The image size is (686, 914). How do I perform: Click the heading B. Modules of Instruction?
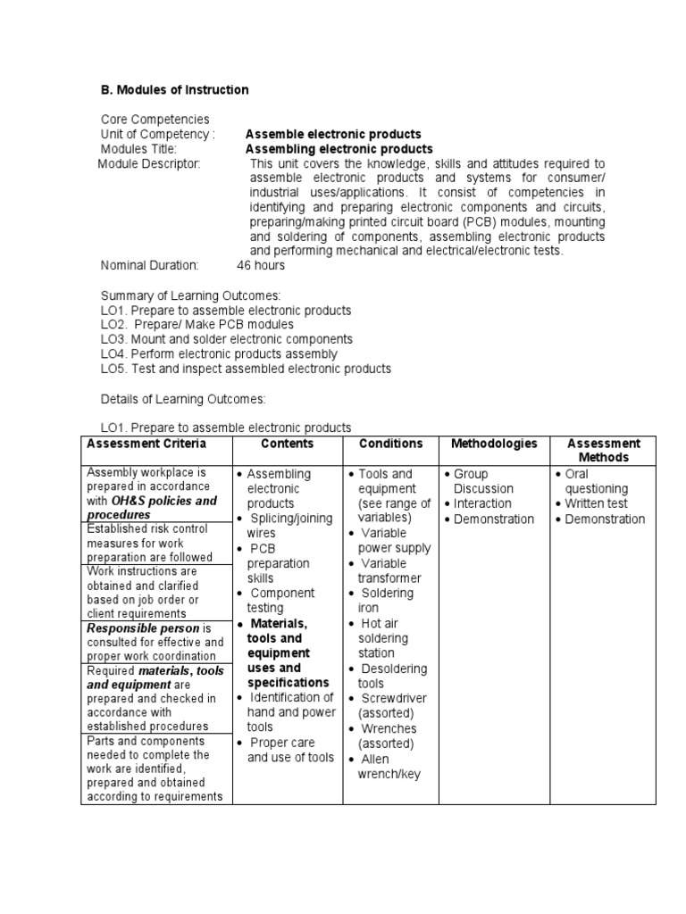click(174, 90)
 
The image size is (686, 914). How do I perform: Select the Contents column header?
click(288, 444)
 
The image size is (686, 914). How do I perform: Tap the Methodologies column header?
click(494, 444)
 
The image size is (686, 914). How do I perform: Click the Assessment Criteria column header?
click(146, 444)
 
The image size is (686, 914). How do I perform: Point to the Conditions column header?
click(390, 444)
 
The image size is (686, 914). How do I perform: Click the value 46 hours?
click(261, 265)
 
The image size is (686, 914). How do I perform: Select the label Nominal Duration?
click(149, 265)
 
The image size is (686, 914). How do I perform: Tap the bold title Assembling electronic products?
click(339, 149)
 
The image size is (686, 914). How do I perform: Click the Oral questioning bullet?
click(597, 481)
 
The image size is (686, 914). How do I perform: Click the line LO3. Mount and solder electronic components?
click(226, 339)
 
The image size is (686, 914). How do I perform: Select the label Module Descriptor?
click(149, 163)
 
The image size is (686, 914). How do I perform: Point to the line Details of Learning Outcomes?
click(182, 398)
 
